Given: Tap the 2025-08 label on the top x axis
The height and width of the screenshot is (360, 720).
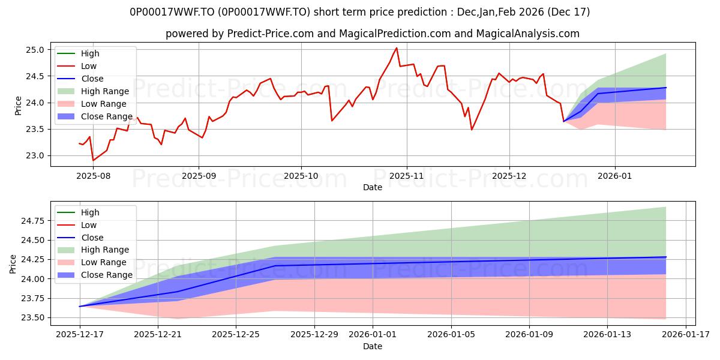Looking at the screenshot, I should click(93, 176).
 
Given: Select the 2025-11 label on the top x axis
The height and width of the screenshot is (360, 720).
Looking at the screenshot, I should click(407, 176).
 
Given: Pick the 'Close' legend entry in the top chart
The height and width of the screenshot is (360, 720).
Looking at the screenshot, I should click(92, 79).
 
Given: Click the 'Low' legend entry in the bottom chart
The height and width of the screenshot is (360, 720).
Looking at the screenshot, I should click(88, 225).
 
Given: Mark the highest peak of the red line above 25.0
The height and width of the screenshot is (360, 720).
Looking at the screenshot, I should click(397, 48).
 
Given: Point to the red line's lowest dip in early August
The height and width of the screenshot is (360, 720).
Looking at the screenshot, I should click(93, 160).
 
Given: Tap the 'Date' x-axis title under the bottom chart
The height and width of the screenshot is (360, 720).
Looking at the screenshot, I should click(372, 346).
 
